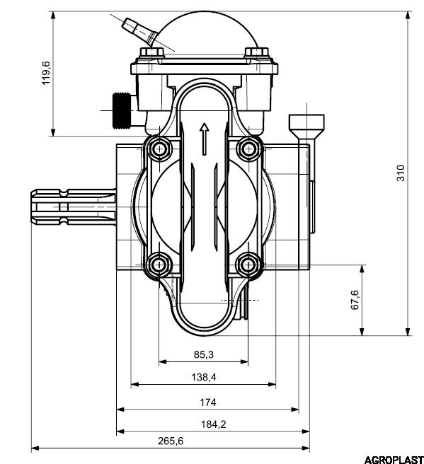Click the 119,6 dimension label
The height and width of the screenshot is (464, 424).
coord(47,73)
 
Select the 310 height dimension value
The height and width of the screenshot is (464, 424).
coord(401,173)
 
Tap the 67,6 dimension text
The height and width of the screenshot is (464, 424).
coord(355,300)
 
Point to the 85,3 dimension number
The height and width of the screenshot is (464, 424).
coord(204,354)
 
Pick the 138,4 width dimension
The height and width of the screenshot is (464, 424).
coord(204,377)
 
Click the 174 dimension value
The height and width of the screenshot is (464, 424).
coord(208,402)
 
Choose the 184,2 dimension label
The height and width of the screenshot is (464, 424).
coord(214,424)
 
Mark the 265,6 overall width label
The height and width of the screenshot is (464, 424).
coord(171,441)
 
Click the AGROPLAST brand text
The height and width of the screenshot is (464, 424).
coord(394,460)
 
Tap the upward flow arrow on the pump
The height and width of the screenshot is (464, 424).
coord(204,139)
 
